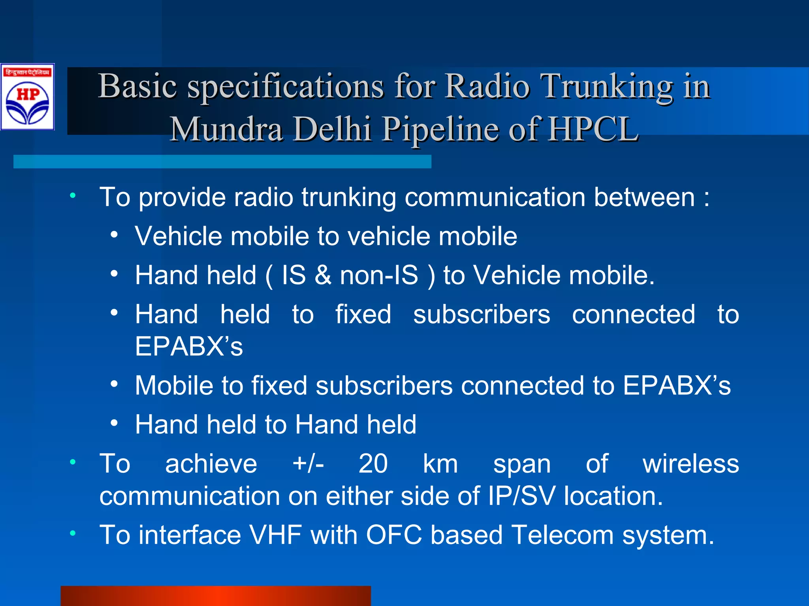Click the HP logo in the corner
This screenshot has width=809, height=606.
[x=27, y=97]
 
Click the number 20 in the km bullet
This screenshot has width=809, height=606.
[x=373, y=464]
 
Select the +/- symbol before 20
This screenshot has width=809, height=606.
[x=308, y=464]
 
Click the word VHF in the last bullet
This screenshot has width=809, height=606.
[x=276, y=535]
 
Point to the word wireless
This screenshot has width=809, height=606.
[x=690, y=464]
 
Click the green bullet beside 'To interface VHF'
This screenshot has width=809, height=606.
[x=73, y=534]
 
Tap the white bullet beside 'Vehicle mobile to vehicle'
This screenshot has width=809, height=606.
[x=114, y=235]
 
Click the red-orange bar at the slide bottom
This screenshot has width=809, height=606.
[x=216, y=596]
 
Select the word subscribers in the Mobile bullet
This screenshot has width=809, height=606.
[x=384, y=385]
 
